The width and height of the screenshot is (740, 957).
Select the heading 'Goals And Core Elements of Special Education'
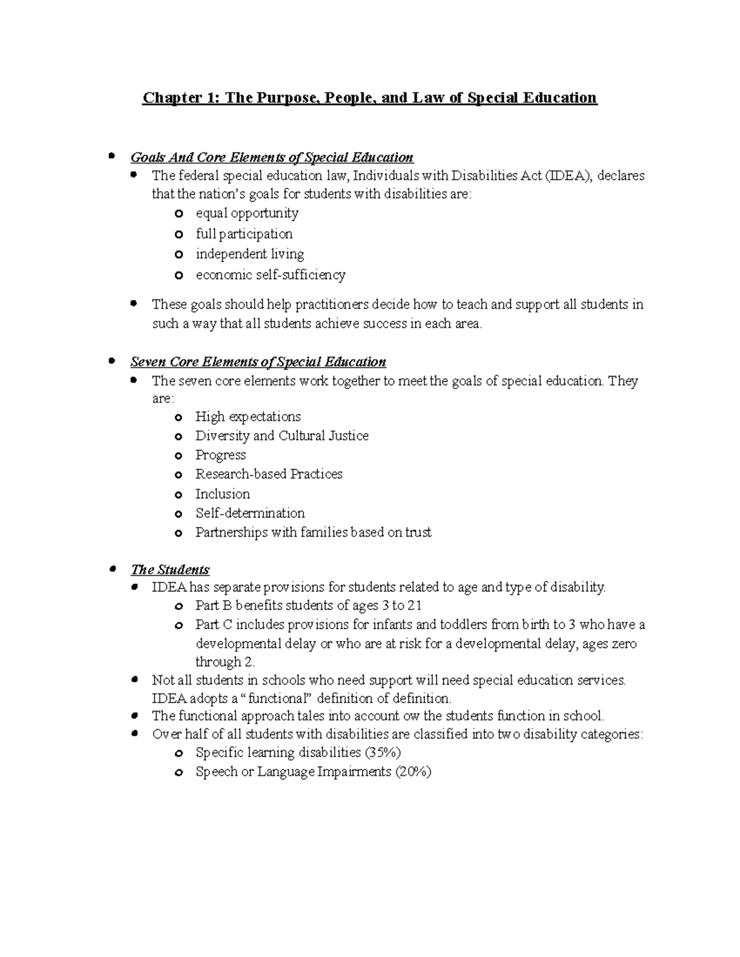click(271, 158)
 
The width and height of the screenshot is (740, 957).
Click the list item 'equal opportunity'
click(247, 214)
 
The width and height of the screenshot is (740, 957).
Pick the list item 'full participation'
click(244, 234)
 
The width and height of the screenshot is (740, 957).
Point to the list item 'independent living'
click(249, 255)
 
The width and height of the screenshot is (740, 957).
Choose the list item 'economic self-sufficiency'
click(270, 275)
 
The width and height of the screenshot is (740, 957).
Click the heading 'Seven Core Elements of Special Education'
click(258, 362)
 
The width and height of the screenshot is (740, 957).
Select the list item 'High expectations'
click(248, 417)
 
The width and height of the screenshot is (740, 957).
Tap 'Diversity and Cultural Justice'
click(282, 436)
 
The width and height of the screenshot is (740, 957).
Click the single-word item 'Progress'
click(220, 455)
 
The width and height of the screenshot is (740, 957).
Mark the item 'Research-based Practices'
click(269, 474)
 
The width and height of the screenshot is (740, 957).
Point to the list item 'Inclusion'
click(222, 494)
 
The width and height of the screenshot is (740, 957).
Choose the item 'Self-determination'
click(250, 513)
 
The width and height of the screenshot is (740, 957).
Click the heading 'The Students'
click(170, 570)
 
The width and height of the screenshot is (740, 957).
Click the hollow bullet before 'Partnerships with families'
click(179, 534)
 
